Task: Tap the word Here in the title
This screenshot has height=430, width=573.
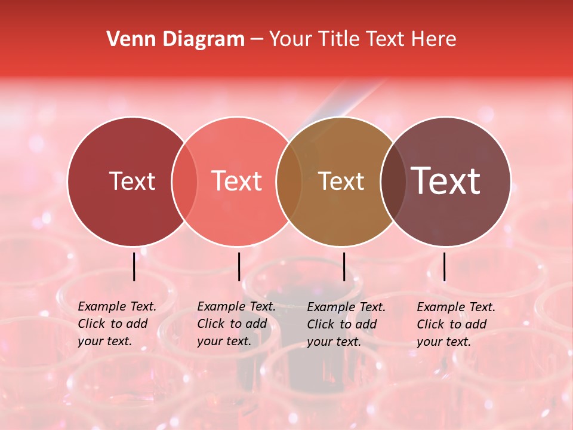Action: click(x=433, y=39)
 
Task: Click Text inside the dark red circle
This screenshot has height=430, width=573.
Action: click(x=132, y=181)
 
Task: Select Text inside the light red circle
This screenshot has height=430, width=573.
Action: click(x=236, y=181)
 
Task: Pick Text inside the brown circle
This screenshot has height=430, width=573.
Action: click(x=341, y=181)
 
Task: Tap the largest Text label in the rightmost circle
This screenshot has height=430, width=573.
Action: click(x=446, y=181)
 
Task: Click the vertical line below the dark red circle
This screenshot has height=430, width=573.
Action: click(x=134, y=266)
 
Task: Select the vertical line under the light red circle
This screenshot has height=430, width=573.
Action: click(x=239, y=266)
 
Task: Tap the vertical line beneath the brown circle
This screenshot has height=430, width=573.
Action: click(x=344, y=266)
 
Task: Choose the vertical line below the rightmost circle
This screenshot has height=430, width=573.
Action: click(x=445, y=266)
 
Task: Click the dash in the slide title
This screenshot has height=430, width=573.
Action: click(x=257, y=40)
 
